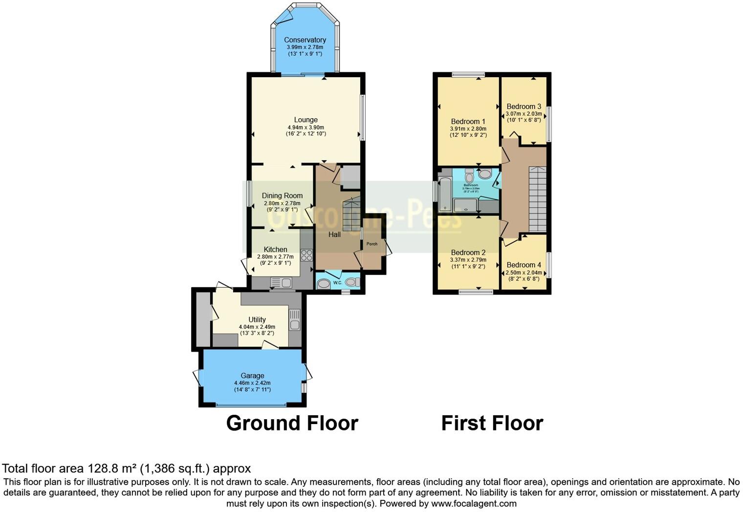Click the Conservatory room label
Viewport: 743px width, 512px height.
tap(305, 40)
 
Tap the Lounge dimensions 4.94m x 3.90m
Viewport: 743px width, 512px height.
tap(306, 128)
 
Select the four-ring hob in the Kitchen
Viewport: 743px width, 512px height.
tap(306, 255)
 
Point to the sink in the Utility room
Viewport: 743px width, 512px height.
tap(295, 320)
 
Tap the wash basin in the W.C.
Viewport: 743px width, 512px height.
tap(324, 283)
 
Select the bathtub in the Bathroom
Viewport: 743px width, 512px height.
tap(445, 194)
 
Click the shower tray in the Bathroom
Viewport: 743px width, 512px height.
tap(465, 206)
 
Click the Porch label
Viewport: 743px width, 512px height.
tap(372, 244)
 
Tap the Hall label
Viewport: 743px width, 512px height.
tap(334, 235)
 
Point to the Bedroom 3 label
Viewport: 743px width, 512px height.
tap(524, 107)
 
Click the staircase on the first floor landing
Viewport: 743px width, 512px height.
tap(537, 198)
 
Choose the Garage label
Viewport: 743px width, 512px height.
tap(252, 376)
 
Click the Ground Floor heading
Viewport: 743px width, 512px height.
tap(292, 423)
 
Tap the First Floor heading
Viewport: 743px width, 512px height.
tap(492, 423)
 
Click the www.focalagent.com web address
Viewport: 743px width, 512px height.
tap(474, 503)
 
